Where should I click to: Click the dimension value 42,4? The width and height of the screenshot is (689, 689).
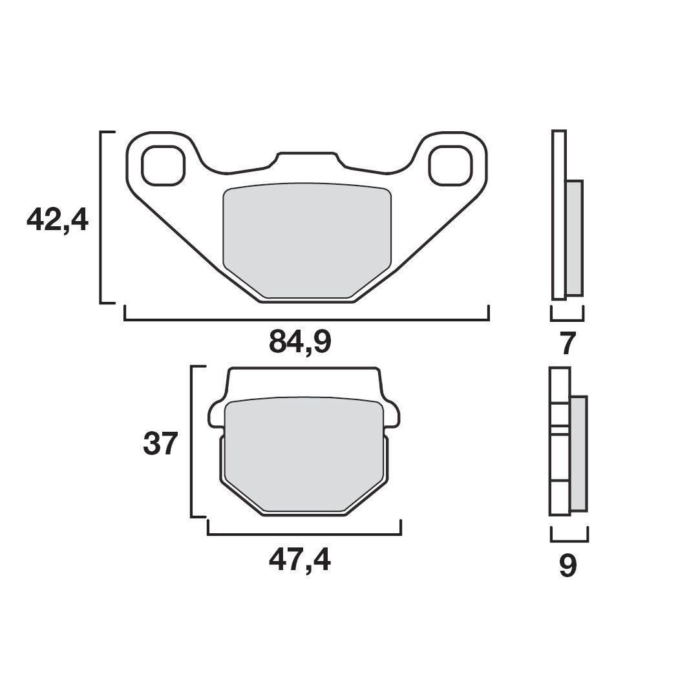tap(57, 220)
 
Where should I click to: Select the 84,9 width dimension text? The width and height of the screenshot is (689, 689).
tap(300, 342)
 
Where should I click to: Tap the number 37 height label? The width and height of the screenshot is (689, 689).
tap(160, 444)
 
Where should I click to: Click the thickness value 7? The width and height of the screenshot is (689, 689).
tap(567, 344)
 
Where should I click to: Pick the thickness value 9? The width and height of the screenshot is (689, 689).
tap(567, 566)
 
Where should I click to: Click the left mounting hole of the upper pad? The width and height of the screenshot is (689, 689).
tap(162, 165)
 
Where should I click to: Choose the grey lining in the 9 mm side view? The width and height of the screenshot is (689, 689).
tap(578, 452)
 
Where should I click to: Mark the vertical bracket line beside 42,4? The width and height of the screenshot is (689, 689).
tap(101, 217)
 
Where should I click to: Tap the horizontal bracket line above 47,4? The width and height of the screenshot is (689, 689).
tap(304, 535)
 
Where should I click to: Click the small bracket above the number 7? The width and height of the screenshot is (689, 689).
tap(567, 319)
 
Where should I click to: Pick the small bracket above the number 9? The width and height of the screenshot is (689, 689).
tap(569, 540)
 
